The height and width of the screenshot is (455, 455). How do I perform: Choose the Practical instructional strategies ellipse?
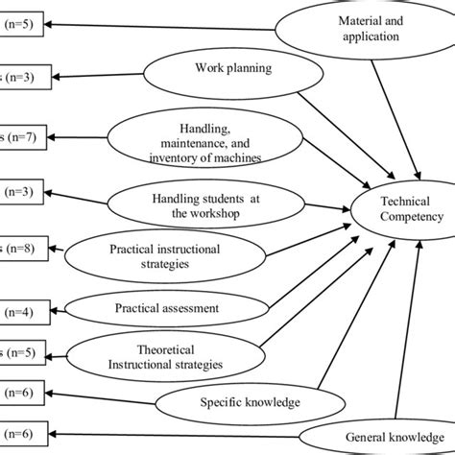(x=164, y=256)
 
